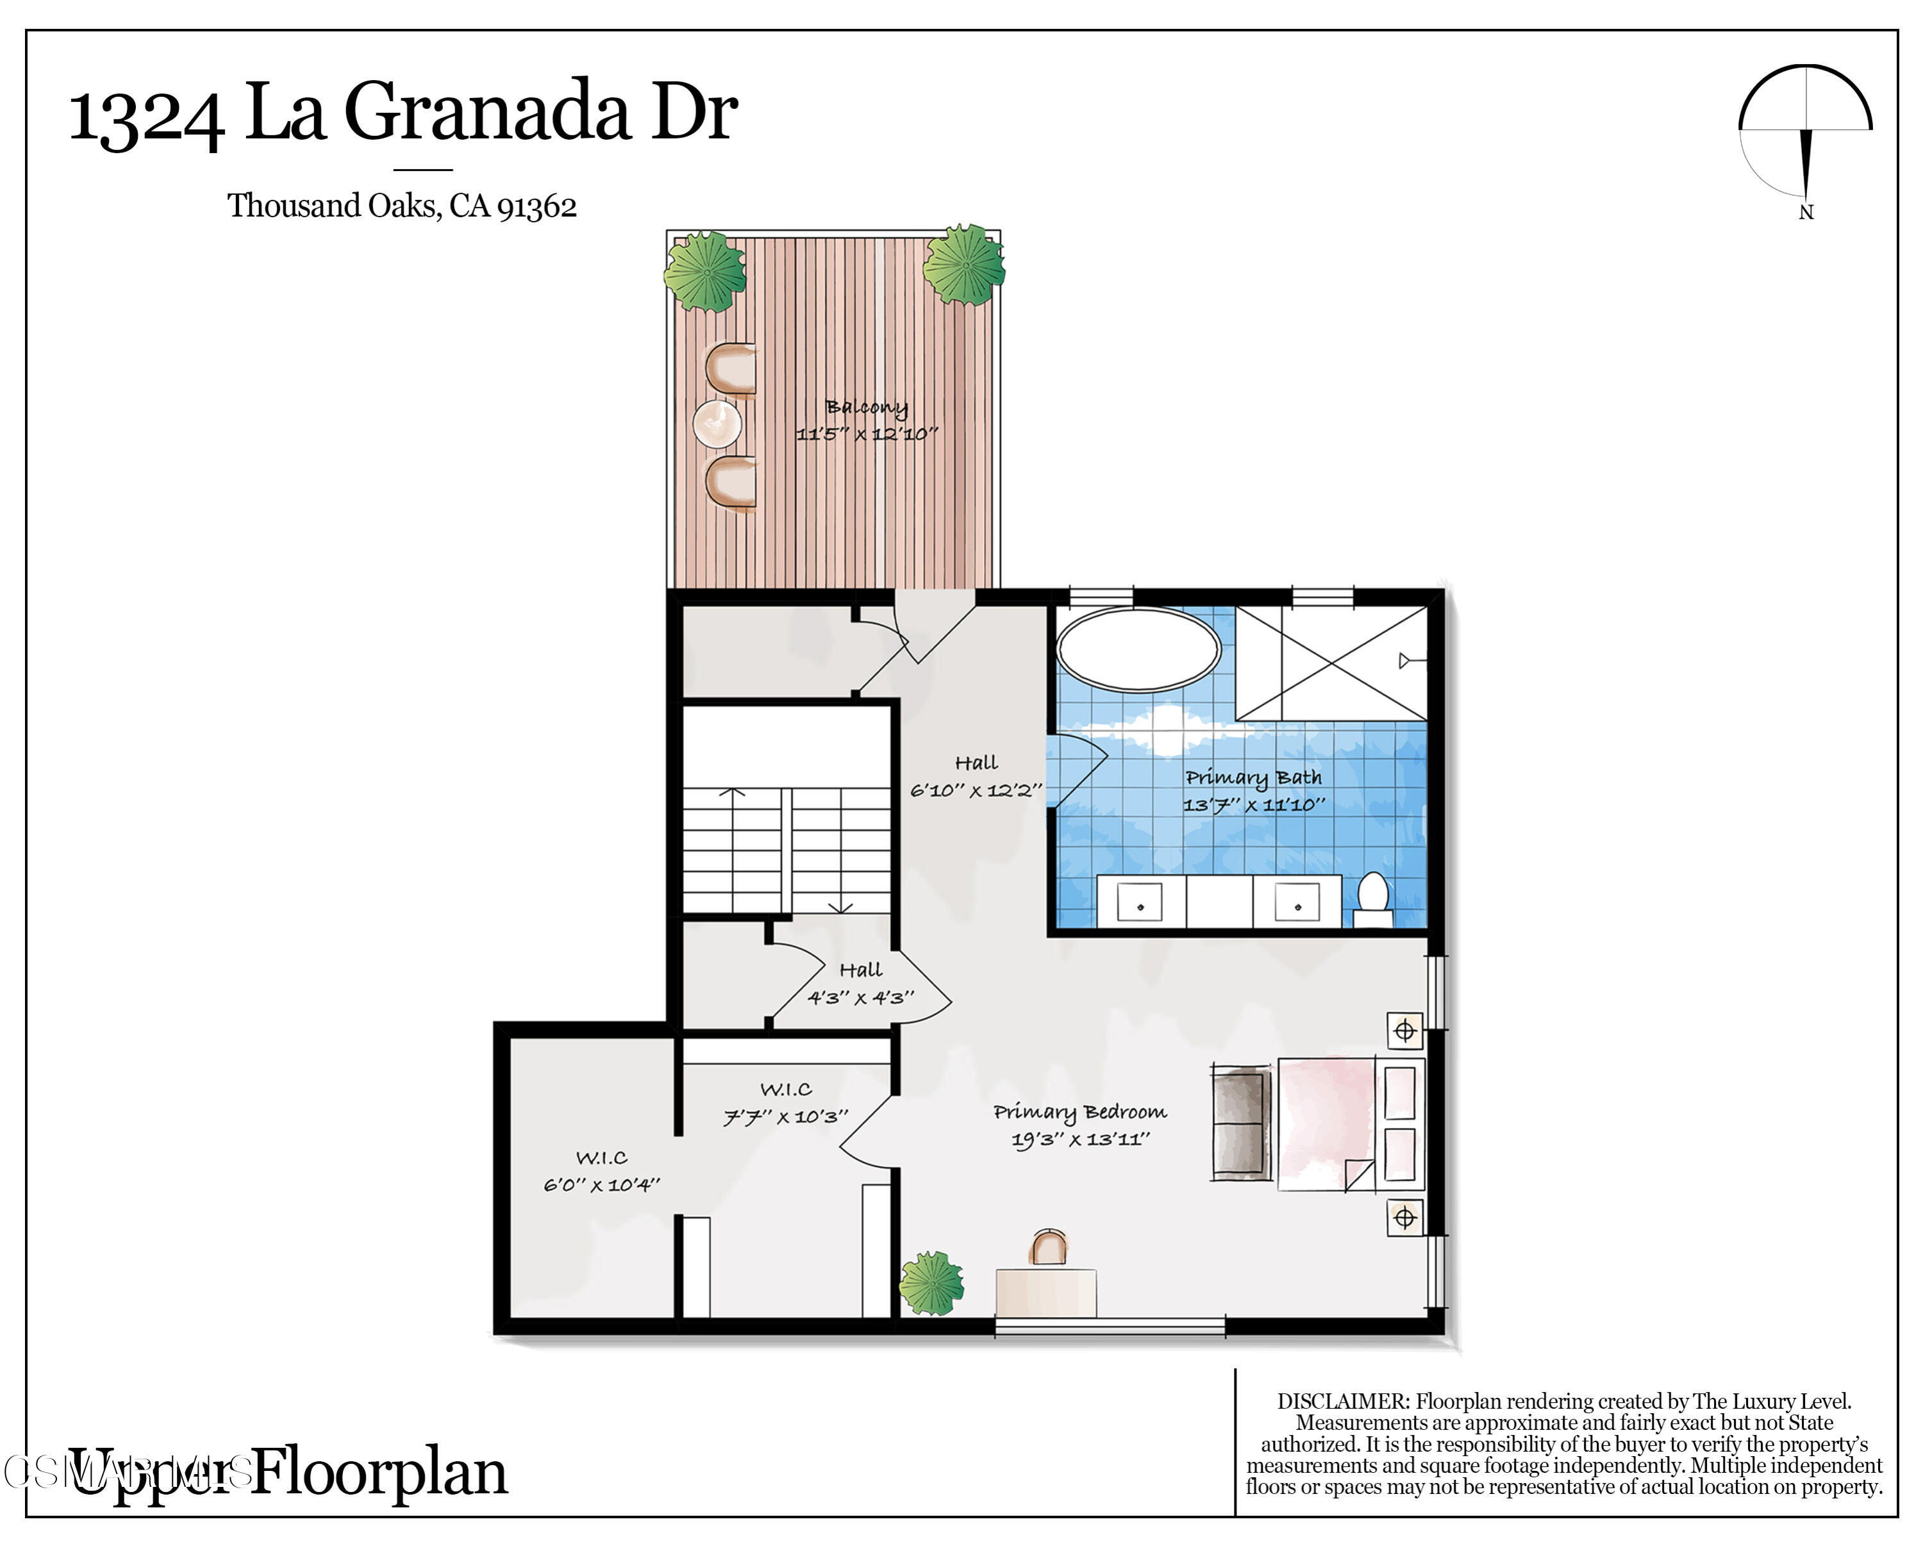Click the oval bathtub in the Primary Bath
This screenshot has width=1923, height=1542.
tap(1138, 649)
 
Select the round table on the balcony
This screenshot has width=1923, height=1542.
tap(717, 424)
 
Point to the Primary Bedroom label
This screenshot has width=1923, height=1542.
tap(1080, 1111)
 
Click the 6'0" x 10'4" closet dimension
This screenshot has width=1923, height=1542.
tap(602, 1185)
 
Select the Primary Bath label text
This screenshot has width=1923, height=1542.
tap(1253, 777)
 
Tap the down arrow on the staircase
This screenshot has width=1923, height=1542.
tap(840, 907)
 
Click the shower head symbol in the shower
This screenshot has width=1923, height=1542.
tap(1406, 661)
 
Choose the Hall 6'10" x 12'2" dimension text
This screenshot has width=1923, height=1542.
tap(976, 790)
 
